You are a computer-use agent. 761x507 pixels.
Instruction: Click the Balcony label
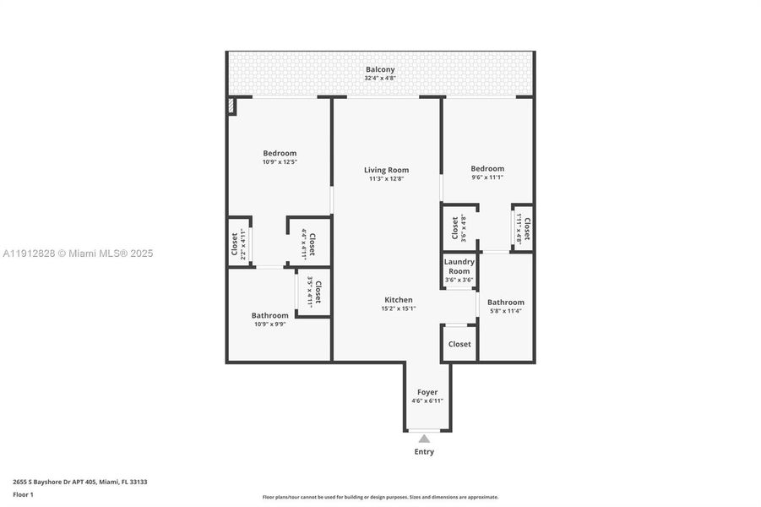coord(380,69)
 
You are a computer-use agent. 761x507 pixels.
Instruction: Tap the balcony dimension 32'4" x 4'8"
coord(380,78)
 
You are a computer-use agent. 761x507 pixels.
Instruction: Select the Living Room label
coord(387,170)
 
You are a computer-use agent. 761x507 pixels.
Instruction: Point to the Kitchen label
coord(399,300)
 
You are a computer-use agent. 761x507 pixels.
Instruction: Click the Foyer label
coord(427,392)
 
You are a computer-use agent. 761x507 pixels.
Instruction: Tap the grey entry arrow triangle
coord(424,438)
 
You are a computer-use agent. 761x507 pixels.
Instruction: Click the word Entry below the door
coord(424,452)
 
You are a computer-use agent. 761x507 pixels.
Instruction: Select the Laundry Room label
coord(459,266)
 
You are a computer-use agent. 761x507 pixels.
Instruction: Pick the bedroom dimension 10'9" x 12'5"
coord(280,161)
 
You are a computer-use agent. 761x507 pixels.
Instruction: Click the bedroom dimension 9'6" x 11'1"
coord(487,177)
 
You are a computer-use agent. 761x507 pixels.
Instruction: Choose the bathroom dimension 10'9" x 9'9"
coord(269,324)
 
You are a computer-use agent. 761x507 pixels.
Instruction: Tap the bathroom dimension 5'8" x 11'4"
coord(505,310)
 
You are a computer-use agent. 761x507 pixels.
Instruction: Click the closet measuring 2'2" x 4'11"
coord(239,243)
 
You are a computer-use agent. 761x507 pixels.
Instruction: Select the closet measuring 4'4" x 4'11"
coord(308,244)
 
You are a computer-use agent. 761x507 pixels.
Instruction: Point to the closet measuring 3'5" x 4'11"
coord(314,292)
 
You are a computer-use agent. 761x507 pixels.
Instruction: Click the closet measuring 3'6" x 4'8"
coord(459,228)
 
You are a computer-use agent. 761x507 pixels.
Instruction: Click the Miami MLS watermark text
coord(78,253)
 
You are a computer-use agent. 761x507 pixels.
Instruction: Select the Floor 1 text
coord(24,494)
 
